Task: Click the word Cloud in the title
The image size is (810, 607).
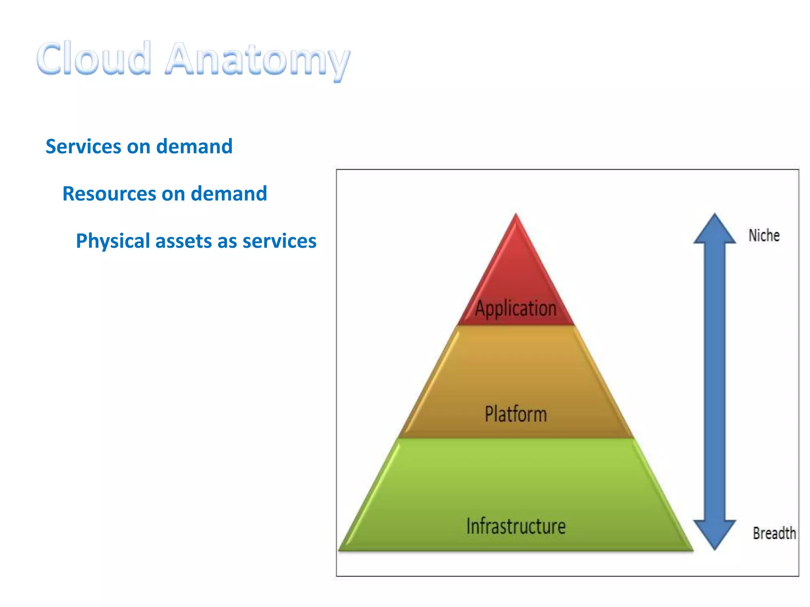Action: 94,58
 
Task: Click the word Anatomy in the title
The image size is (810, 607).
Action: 258,60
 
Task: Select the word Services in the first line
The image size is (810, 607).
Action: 83,146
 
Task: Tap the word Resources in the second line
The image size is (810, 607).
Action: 109,194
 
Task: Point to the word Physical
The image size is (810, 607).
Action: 113,241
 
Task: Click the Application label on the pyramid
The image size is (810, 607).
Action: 516,308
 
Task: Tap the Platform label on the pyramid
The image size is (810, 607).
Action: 516,414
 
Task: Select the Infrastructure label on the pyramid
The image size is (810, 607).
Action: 516,526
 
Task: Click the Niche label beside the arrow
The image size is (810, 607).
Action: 764,236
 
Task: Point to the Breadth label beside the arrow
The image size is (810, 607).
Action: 774,533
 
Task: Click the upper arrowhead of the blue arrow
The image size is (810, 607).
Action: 715,229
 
